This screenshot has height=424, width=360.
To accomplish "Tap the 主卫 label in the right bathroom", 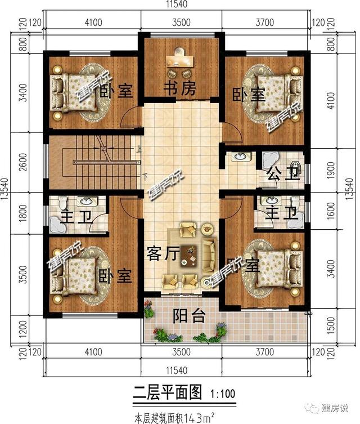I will [280, 213].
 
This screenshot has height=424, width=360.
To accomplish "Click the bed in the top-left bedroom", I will [70, 90].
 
